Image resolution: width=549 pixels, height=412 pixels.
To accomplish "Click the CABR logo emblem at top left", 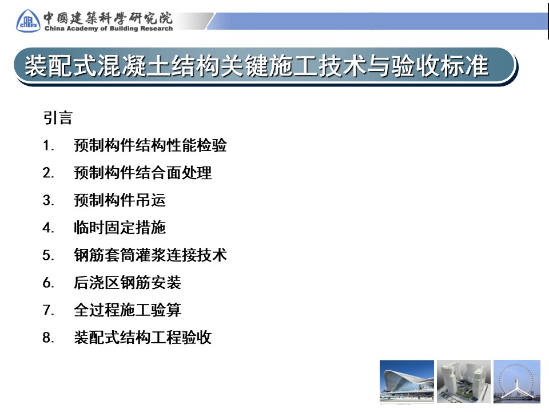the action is pyautogui.click(x=28, y=21).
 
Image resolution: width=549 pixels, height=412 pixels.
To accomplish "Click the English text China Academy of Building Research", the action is pyautogui.click(x=109, y=29).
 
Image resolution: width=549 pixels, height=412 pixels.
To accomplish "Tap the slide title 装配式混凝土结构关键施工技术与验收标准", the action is pyautogui.click(x=256, y=65).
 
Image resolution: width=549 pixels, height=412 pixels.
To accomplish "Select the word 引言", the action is pyautogui.click(x=58, y=118).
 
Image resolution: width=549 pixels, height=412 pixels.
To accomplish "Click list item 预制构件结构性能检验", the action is pyautogui.click(x=150, y=145).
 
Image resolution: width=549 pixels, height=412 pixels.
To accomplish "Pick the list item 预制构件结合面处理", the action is pyautogui.click(x=143, y=173).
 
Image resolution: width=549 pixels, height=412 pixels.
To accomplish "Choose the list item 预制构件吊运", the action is pyautogui.click(x=120, y=200).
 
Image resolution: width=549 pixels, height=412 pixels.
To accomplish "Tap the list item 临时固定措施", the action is pyautogui.click(x=120, y=228).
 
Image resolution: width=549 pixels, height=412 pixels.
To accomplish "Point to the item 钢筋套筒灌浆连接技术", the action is pyautogui.click(x=150, y=255).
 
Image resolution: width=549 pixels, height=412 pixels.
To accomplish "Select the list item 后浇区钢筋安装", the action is pyautogui.click(x=128, y=283).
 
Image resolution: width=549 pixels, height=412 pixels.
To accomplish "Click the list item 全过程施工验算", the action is pyautogui.click(x=128, y=310).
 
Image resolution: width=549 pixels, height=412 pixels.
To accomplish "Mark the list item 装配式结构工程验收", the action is pyautogui.click(x=143, y=338).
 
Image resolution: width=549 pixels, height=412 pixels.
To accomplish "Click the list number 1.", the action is pyautogui.click(x=48, y=145).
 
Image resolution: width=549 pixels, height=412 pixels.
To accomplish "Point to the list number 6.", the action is pyautogui.click(x=48, y=283).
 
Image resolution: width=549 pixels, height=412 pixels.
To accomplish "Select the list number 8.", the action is pyautogui.click(x=48, y=338).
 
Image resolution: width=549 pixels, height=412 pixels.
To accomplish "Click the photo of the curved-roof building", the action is pyautogui.click(x=407, y=382).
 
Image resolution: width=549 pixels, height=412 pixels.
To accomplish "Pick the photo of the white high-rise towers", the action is pyautogui.click(x=464, y=382).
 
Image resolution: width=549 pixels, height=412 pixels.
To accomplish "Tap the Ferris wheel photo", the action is pyautogui.click(x=517, y=382).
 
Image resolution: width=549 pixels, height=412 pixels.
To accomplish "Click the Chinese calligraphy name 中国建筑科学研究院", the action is pyautogui.click(x=108, y=18).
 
